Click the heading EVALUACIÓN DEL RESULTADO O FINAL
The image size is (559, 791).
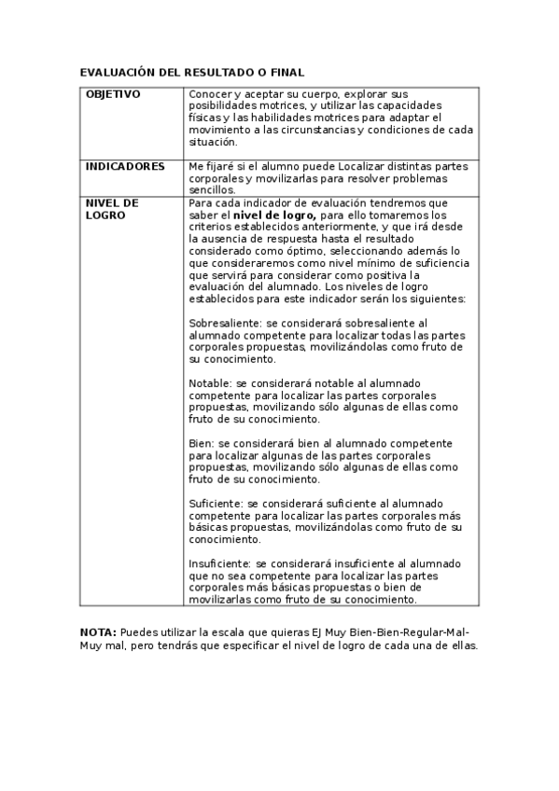192,72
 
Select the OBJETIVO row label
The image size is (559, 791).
113,94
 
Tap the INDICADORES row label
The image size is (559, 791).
125,166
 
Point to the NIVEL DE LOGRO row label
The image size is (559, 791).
112,208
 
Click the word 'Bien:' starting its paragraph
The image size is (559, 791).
202,444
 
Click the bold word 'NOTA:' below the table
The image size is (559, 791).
98,632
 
